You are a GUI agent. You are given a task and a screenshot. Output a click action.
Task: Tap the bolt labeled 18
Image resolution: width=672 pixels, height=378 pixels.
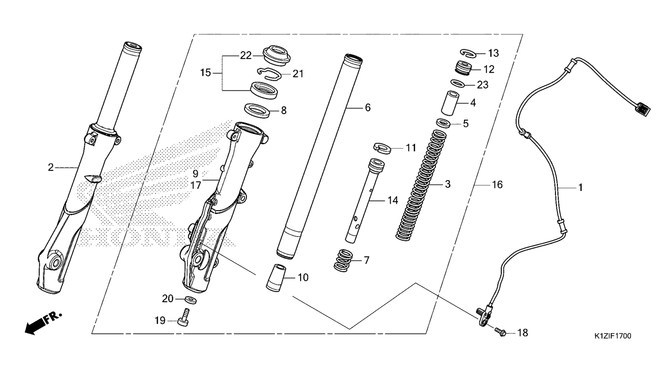(500, 332)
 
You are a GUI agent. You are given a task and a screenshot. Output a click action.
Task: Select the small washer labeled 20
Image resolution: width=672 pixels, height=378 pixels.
(191, 300)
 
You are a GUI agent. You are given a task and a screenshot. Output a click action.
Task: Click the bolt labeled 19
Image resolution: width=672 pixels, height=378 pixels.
(183, 317)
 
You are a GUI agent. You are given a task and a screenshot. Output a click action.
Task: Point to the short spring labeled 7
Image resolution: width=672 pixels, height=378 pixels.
(344, 260)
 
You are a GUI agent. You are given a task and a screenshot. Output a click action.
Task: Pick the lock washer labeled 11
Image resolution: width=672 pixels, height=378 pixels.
(383, 148)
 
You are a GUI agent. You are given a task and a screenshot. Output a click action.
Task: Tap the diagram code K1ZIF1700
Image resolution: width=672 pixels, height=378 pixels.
(613, 336)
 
